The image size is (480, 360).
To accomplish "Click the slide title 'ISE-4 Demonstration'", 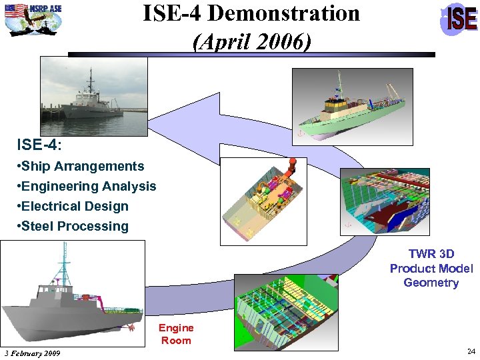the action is (x=251, y=14).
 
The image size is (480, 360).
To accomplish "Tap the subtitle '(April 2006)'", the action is (x=251, y=42).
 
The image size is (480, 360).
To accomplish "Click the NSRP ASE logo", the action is (x=33, y=19).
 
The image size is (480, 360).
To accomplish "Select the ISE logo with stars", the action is (x=459, y=19).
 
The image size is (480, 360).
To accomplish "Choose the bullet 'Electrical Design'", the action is (x=74, y=206).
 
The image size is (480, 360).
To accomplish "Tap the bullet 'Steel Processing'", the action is (x=74, y=226).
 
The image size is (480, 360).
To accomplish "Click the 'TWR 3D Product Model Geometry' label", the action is (x=431, y=268).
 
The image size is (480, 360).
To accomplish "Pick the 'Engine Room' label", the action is (x=176, y=334).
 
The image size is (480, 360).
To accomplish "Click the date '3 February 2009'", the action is (x=32, y=353).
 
